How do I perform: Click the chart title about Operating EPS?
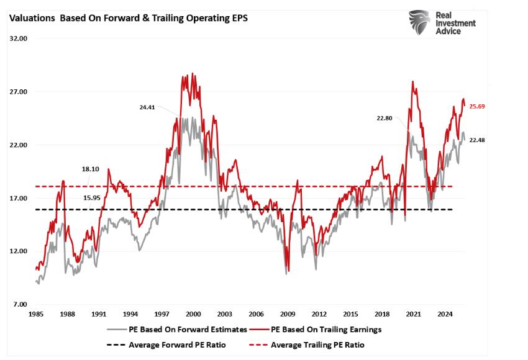pos(127,18)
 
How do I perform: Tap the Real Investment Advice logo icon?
pos(420,22)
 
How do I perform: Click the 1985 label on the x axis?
pos(36,314)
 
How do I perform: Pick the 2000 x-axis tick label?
pos(193,314)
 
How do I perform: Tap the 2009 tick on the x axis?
pos(287,314)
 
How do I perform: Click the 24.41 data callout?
pos(147,107)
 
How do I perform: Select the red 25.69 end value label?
pos(477,107)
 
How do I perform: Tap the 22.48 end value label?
pos(477,140)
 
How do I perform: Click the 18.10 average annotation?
pos(90,168)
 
